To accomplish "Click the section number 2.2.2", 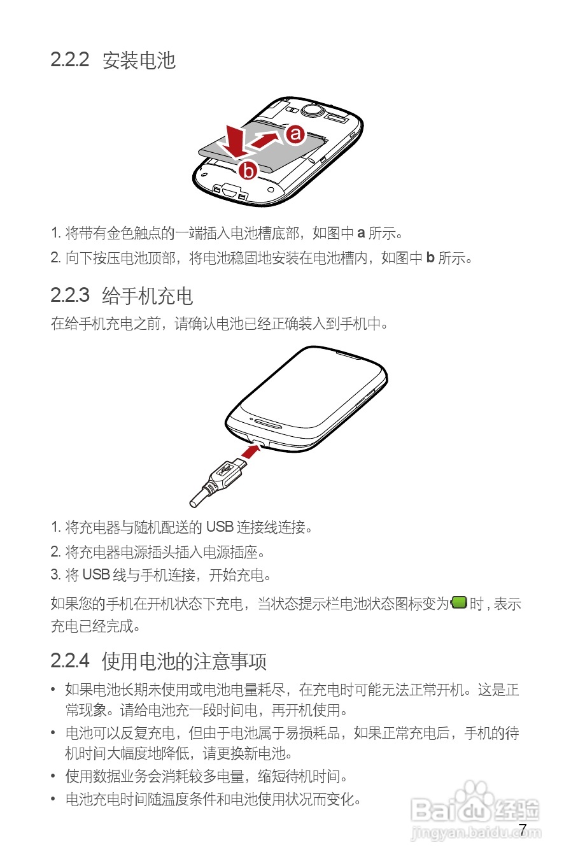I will click(69, 60).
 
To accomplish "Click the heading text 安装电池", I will click(139, 60).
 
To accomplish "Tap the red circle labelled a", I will click(295, 134).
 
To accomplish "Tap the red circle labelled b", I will click(248, 170).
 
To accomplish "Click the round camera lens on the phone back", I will click(312, 110).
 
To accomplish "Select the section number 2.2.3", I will click(69, 295).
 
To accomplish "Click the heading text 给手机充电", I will click(147, 296).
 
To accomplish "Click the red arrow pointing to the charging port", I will click(251, 451).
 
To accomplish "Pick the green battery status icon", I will click(459, 602).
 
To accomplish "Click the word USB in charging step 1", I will click(220, 527).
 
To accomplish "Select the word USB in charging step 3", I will click(96, 575).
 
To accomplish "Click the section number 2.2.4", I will click(69, 661).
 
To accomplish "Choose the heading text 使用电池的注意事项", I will click(184, 662).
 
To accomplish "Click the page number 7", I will click(523, 830).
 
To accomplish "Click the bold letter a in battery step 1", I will click(361, 233).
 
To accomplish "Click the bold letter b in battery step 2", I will click(430, 258).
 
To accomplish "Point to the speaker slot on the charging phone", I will click(268, 423).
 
